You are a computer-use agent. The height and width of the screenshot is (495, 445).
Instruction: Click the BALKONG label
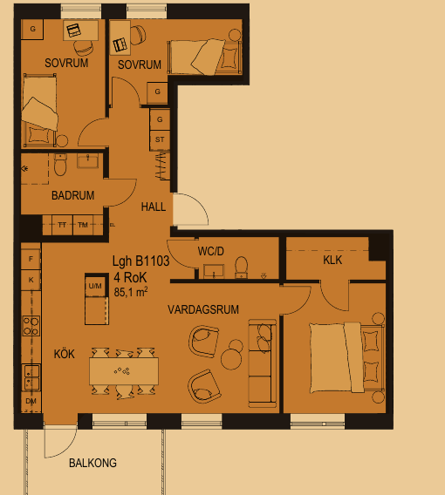point(92,463)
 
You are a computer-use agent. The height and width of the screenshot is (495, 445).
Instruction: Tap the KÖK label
point(65,354)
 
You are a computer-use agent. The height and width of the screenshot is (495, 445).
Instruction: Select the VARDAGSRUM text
point(203,309)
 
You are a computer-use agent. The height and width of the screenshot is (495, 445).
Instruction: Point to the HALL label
point(154,207)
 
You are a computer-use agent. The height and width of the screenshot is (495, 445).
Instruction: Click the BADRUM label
point(73,195)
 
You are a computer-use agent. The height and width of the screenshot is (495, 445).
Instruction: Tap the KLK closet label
point(332,260)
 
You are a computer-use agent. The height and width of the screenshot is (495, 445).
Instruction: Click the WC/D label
point(211,251)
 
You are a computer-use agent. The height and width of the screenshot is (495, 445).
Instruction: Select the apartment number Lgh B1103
point(141,261)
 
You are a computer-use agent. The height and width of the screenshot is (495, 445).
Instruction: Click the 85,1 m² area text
point(131,292)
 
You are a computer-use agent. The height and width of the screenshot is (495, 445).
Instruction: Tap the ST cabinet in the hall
point(160,139)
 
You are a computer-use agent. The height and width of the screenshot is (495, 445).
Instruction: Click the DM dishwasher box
point(31,401)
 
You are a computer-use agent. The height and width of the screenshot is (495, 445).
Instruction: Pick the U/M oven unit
point(95,285)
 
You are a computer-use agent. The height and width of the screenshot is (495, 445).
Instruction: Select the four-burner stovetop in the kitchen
point(31,326)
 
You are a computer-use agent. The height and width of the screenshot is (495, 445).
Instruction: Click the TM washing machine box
point(83,225)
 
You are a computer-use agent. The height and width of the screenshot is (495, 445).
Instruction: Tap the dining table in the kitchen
point(124,371)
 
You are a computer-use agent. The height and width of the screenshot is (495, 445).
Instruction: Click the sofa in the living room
point(263,363)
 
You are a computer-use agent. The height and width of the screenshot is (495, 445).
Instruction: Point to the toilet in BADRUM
point(60,164)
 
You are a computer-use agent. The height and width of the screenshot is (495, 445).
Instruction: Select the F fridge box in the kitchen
point(31,259)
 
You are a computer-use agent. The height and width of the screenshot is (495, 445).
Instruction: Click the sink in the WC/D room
point(214,272)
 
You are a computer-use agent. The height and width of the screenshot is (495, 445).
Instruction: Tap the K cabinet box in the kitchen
point(31,280)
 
